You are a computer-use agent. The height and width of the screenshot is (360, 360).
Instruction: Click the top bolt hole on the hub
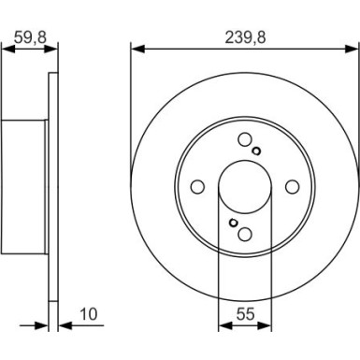[245, 140]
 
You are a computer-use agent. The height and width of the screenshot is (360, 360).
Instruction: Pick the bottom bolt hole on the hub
[245, 234]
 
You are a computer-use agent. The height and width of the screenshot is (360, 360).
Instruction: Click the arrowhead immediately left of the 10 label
[55, 327]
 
